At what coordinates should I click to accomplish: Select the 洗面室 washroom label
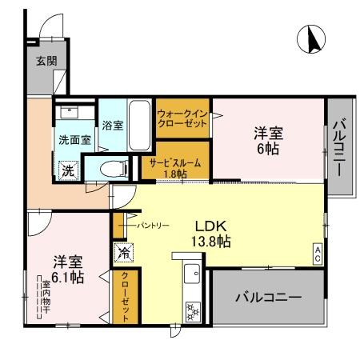click(x=74, y=139)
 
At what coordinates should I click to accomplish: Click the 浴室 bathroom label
click(x=112, y=126)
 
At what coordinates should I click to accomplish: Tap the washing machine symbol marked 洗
click(x=69, y=170)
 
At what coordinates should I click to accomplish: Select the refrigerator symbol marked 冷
click(x=124, y=251)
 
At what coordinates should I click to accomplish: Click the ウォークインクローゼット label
click(x=182, y=119)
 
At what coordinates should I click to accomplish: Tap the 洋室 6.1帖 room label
click(x=67, y=270)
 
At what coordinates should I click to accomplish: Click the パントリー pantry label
click(x=151, y=226)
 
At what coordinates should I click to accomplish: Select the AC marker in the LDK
click(x=318, y=254)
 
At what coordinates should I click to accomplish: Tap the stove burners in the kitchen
click(x=192, y=308)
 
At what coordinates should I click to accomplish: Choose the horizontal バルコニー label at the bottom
click(x=268, y=298)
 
